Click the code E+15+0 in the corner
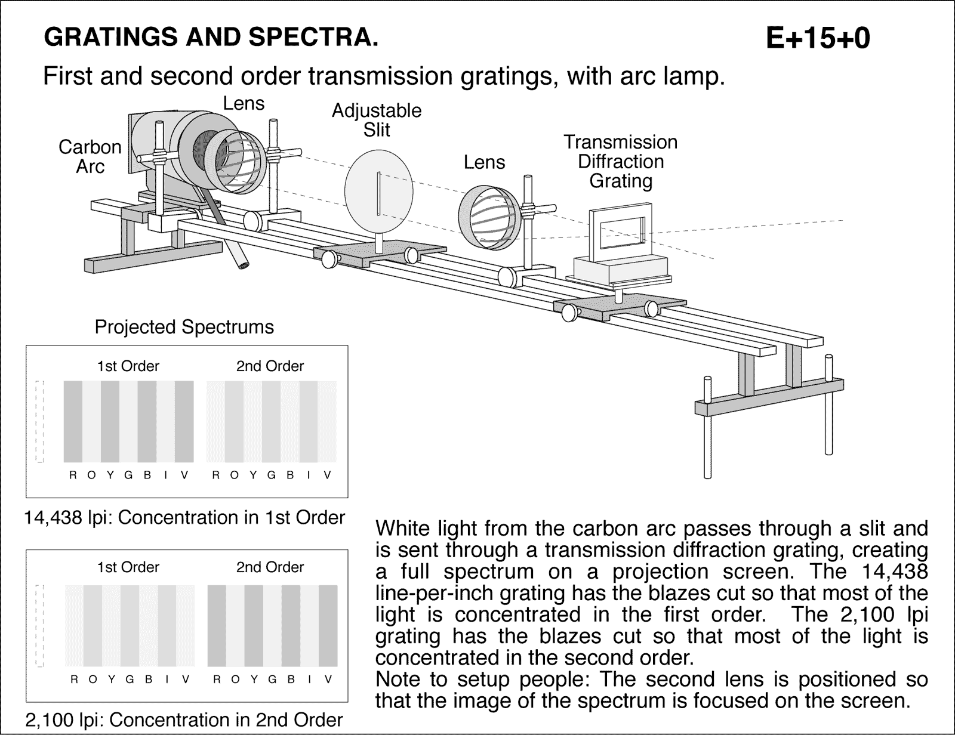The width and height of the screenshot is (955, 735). (817, 38)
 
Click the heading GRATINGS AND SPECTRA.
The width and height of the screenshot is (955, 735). (211, 38)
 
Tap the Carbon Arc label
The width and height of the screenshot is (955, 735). (90, 156)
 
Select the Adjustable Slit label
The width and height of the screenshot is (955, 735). (377, 119)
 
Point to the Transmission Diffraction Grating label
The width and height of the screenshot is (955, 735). (621, 161)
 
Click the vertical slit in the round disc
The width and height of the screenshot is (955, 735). (378, 193)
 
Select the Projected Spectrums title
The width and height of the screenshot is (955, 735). (184, 327)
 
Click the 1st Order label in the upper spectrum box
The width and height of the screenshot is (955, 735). (128, 366)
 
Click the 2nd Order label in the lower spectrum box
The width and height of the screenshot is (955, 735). (270, 567)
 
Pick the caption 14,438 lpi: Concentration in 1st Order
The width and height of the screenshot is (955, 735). (184, 517)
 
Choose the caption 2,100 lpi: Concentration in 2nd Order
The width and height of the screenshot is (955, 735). (184, 720)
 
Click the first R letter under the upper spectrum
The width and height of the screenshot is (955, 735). (73, 475)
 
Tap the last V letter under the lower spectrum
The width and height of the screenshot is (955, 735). (328, 679)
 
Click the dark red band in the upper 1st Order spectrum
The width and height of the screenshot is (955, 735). (73, 421)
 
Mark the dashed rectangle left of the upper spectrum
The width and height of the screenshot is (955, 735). (40, 421)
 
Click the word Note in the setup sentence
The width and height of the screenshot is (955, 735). (396, 679)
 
